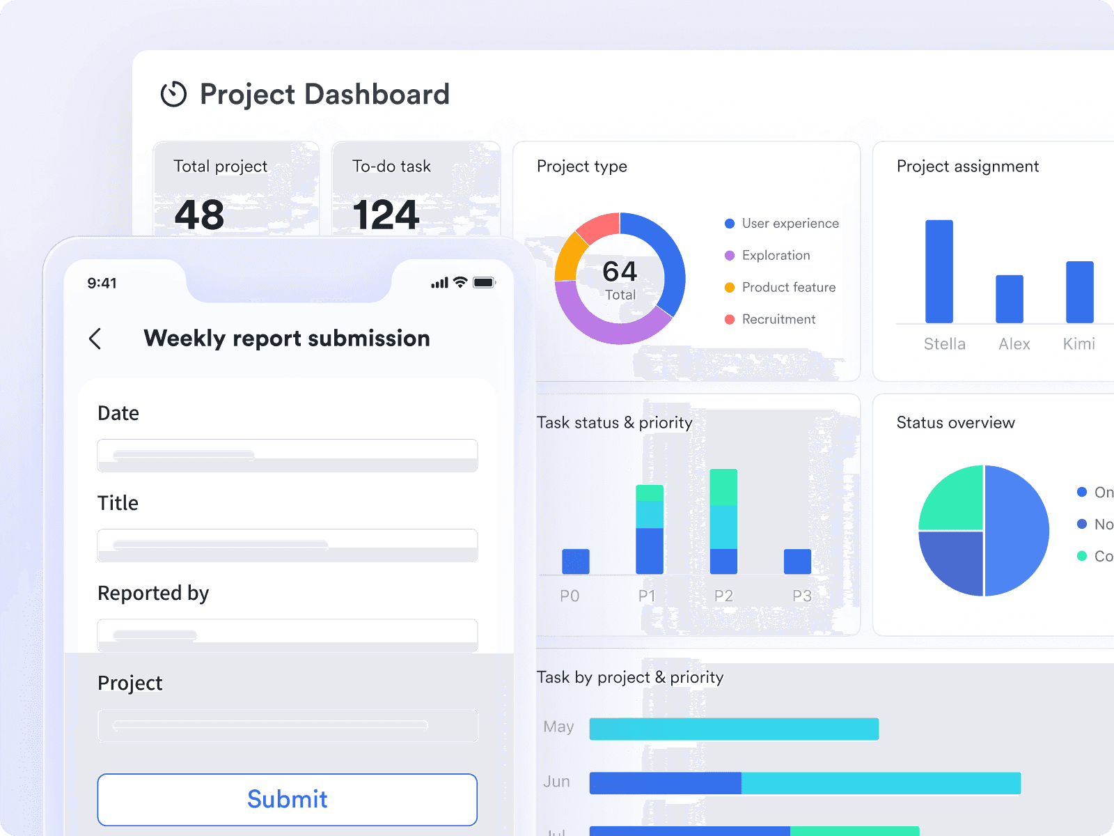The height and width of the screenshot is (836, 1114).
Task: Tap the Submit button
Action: (x=287, y=799)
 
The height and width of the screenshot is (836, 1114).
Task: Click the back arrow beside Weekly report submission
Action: (x=95, y=339)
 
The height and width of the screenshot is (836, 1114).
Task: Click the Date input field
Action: (x=287, y=455)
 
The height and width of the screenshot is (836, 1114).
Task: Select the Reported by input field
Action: (x=287, y=635)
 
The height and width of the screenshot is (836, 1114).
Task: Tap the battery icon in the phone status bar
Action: (x=483, y=282)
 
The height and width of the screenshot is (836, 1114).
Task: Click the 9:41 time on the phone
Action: (x=102, y=283)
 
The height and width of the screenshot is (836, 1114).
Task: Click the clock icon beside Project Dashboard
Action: (x=173, y=94)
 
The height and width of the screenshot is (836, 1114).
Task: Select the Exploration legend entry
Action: (x=776, y=255)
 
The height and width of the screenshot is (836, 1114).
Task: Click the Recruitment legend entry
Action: (x=778, y=319)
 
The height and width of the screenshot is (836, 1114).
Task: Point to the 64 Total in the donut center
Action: (x=620, y=279)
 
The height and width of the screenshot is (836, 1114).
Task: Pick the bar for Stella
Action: (x=939, y=272)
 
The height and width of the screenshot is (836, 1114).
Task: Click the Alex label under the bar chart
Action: (x=1014, y=343)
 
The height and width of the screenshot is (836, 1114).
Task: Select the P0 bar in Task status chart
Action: (x=575, y=562)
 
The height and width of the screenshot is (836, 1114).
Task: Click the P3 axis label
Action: (x=801, y=596)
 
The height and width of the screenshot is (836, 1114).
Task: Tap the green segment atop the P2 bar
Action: (x=723, y=487)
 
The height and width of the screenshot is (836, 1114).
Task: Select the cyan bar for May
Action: (x=734, y=729)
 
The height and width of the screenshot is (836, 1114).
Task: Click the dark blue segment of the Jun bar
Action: (x=665, y=783)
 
